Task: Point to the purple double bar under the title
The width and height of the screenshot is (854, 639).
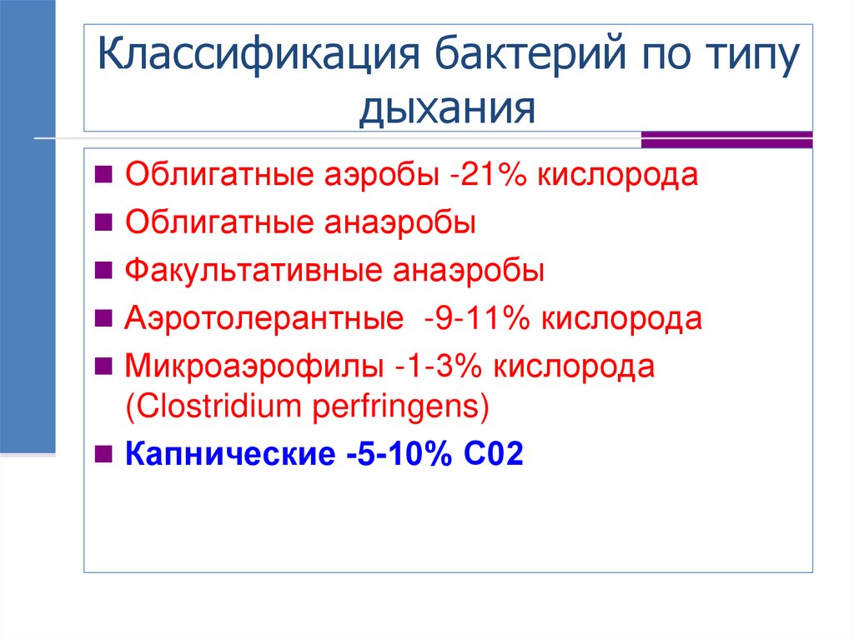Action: pyautogui.click(x=726, y=139)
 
